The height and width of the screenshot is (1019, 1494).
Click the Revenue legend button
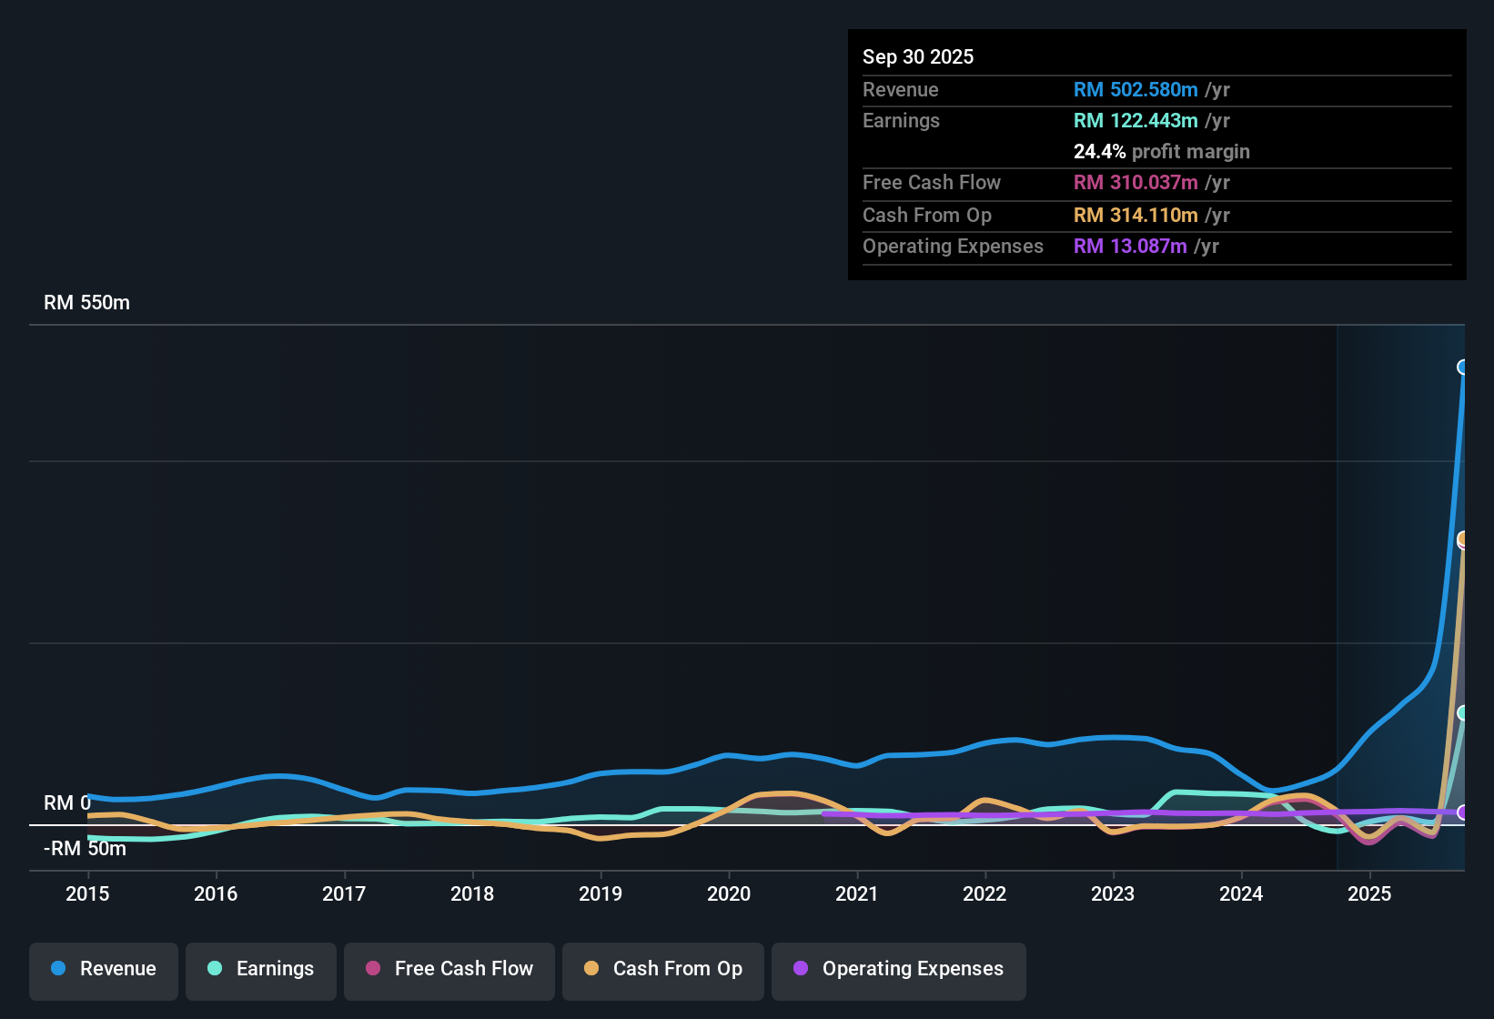click(104, 969)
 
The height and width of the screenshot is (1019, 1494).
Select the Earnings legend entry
click(261, 969)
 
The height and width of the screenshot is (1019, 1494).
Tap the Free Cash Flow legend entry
click(449, 969)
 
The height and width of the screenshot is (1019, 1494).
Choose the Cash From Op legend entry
click(663, 969)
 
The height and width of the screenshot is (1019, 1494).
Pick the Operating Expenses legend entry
click(899, 969)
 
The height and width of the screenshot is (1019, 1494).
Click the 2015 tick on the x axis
click(87, 893)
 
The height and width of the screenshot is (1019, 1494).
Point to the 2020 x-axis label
click(729, 893)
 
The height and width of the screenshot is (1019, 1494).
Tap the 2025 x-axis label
click(1369, 893)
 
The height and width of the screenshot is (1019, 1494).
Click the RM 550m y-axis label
click(86, 303)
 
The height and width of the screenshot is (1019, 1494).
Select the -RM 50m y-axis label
click(85, 849)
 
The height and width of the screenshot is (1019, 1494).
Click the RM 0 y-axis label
click(67, 803)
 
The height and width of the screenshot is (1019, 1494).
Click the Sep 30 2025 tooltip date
click(917, 56)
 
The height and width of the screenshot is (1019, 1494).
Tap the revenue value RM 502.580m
click(1135, 89)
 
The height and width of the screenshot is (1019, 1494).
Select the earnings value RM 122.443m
click(1135, 121)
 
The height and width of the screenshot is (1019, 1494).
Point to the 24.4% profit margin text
click(1161, 152)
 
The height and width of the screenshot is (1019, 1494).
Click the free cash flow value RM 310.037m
click(1135, 183)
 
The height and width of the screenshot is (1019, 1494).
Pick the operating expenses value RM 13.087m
click(1129, 247)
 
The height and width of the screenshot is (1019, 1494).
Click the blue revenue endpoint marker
click(1463, 368)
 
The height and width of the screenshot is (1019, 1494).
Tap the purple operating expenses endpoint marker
click(1463, 812)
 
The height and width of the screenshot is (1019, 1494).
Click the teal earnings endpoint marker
click(1463, 713)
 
